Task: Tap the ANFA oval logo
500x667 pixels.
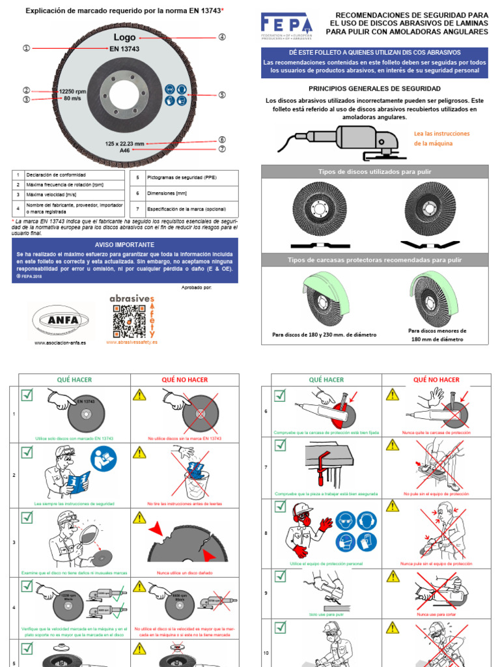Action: point(60,320)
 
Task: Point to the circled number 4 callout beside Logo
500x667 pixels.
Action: point(222,37)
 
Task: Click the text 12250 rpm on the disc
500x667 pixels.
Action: point(72,92)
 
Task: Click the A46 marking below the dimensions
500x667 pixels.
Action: point(125,150)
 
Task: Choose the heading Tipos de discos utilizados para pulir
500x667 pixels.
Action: point(374,171)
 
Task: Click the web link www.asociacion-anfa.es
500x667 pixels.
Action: point(60,343)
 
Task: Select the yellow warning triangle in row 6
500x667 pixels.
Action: point(392,395)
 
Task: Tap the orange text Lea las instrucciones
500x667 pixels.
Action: point(441,134)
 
